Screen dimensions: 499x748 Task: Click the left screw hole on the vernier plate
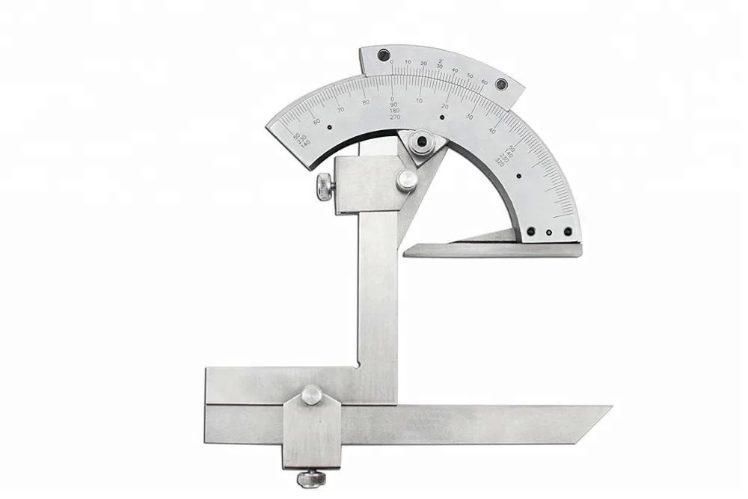(384, 55)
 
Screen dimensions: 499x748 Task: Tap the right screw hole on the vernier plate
(501, 84)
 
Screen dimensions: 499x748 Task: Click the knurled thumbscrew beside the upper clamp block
(325, 186)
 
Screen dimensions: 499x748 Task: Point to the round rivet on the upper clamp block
(406, 180)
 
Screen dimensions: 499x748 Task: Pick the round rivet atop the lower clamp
(311, 394)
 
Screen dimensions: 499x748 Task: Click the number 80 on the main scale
(366, 102)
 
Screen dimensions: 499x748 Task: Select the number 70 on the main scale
(340, 109)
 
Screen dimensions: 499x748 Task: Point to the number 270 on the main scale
(395, 117)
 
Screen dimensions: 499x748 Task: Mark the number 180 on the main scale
(394, 111)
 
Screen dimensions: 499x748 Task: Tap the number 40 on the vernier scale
(455, 70)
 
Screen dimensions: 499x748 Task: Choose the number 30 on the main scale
(470, 117)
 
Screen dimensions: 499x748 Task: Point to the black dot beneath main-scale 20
(441, 117)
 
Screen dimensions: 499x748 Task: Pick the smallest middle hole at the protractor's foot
(549, 233)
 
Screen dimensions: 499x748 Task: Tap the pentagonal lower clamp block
(310, 430)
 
